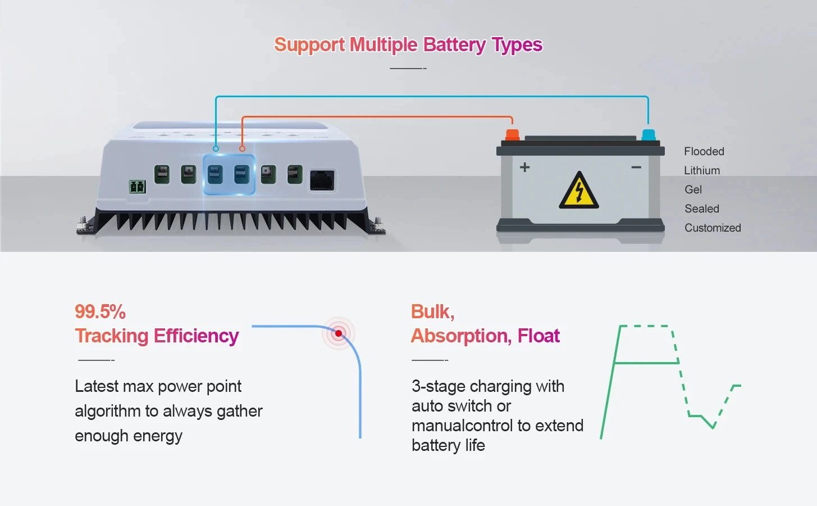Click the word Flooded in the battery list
[704, 151]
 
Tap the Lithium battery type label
[702, 170]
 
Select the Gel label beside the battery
[693, 189]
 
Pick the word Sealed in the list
[702, 209]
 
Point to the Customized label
[713, 228]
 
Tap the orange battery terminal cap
[512, 134]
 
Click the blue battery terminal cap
[648, 135]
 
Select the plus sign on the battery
[524, 167]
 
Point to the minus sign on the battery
[636, 167]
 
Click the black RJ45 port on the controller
[322, 180]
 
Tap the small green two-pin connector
[138, 187]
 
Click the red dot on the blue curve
[339, 333]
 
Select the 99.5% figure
[100, 312]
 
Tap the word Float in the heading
[538, 336]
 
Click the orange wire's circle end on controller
[242, 148]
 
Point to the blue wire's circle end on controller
[216, 148]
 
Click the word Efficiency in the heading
[196, 336]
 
